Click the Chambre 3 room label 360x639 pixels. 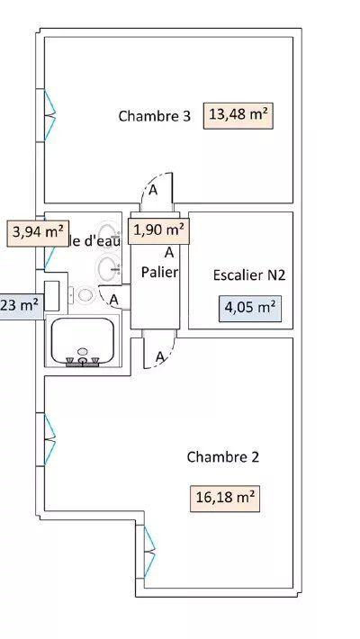point(154,116)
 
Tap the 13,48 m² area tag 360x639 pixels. point(239,115)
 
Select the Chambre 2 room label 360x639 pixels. point(222,457)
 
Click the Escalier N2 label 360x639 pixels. point(249,275)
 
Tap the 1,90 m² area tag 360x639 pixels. point(159,229)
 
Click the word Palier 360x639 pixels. point(159,272)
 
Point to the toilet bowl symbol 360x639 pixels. point(85,294)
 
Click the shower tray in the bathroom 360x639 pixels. point(84,340)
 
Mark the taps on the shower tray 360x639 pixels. point(83,361)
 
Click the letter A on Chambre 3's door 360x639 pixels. point(154,190)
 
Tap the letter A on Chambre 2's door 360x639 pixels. point(160,357)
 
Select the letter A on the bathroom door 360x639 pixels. point(114,300)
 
